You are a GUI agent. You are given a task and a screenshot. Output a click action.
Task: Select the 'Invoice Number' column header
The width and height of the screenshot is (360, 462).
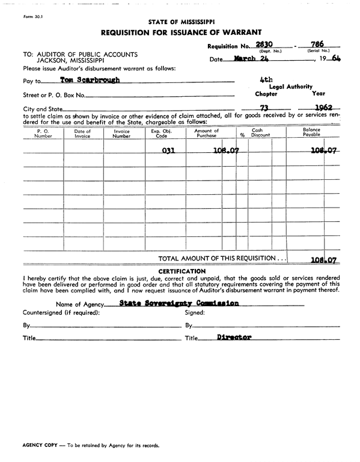[x=122, y=133]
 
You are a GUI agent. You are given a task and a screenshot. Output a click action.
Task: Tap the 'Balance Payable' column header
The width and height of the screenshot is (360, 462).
[x=311, y=133]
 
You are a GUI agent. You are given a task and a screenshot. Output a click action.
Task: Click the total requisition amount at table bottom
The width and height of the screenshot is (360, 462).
[x=323, y=260]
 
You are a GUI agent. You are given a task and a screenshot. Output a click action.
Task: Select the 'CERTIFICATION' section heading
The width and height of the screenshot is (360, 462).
[x=180, y=271]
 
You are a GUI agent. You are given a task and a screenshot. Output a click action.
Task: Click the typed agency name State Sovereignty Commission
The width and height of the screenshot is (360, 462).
[x=179, y=303]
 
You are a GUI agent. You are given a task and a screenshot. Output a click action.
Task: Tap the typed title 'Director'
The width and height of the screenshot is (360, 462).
[x=234, y=337]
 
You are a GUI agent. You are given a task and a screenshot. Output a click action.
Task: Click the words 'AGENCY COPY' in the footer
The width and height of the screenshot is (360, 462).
[x=40, y=446]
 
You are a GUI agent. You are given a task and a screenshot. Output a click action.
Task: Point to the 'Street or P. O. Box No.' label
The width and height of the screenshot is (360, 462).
[x=53, y=95]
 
